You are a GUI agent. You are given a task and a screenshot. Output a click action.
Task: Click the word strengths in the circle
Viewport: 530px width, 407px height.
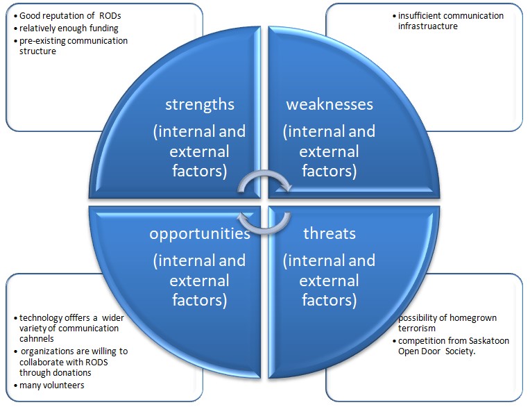[200, 104]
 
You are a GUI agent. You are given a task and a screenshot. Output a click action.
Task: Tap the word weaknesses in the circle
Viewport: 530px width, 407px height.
[330, 104]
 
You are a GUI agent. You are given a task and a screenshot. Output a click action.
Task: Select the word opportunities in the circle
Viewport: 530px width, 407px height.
[200, 233]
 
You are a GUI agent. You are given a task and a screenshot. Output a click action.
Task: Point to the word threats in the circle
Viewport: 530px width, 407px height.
[330, 233]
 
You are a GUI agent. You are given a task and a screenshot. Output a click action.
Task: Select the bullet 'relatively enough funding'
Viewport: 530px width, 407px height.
[69, 28]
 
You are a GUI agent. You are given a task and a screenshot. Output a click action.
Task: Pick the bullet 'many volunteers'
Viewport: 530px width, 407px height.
[52, 385]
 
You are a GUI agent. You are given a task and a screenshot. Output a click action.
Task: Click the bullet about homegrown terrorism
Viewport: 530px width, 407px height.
[447, 323]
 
